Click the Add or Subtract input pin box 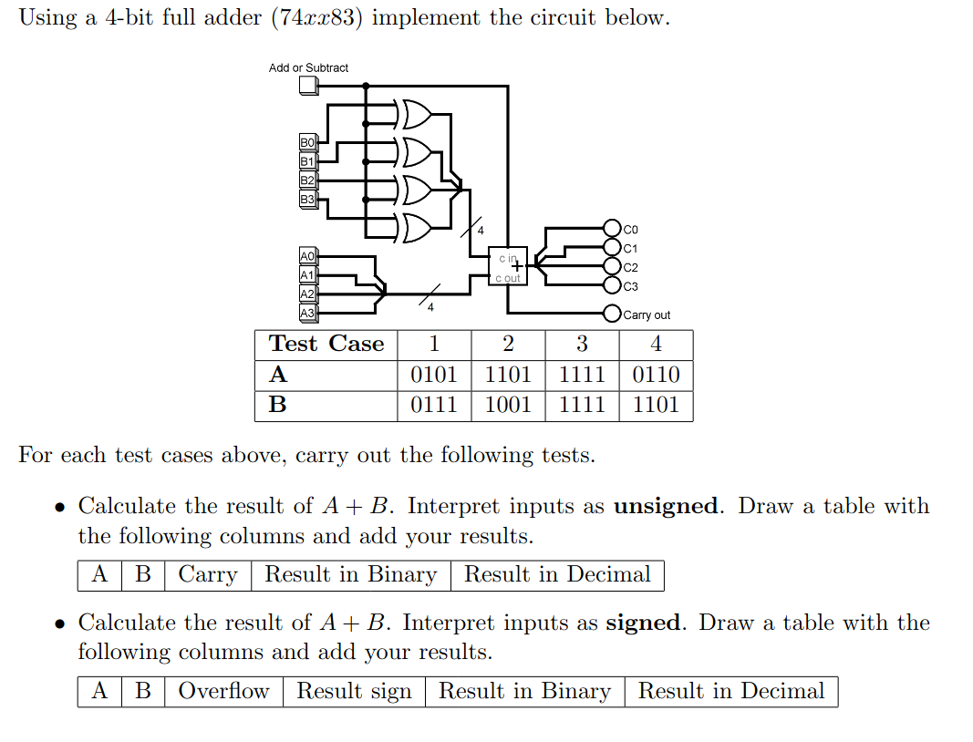pyautogui.click(x=308, y=86)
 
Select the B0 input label pyautogui.click(x=307, y=142)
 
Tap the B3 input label pyautogui.click(x=307, y=199)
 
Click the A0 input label pyautogui.click(x=307, y=256)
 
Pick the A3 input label pyautogui.click(x=307, y=313)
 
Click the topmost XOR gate pyautogui.click(x=415, y=114)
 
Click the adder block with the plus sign pyautogui.click(x=508, y=266)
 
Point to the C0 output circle pyautogui.click(x=613, y=228)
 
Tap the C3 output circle pyautogui.click(x=613, y=286)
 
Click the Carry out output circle pyautogui.click(x=613, y=314)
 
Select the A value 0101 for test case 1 pyautogui.click(x=434, y=375)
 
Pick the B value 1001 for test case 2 pyautogui.click(x=508, y=405)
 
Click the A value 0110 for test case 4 pyautogui.click(x=656, y=375)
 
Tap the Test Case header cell pyautogui.click(x=326, y=344)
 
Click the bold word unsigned pyautogui.click(x=668, y=506)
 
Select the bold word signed pyautogui.click(x=645, y=623)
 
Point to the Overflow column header pyautogui.click(x=223, y=691)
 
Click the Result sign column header pyautogui.click(x=354, y=691)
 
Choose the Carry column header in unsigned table pyautogui.click(x=208, y=574)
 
